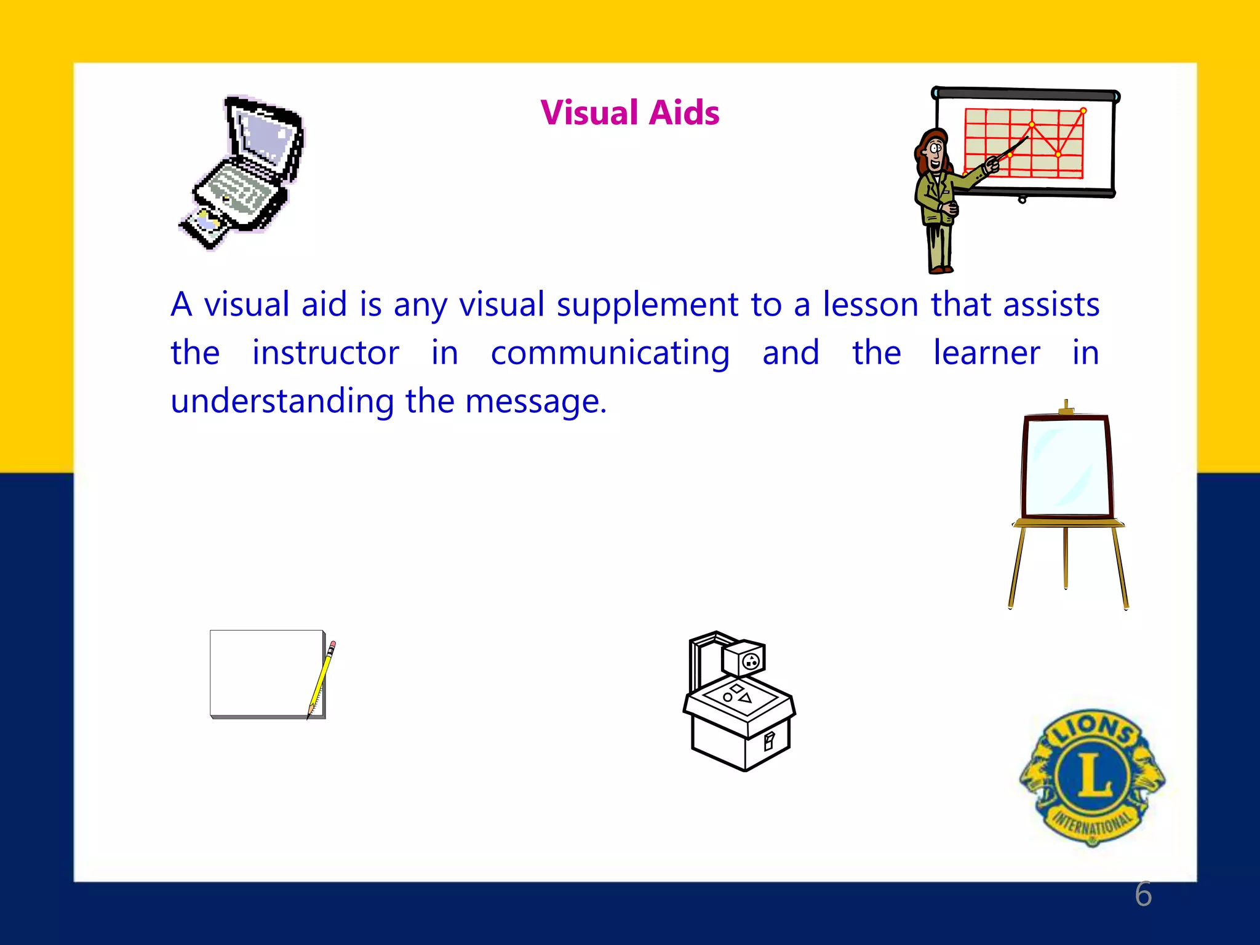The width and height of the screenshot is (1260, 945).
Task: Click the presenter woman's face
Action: (x=935, y=151)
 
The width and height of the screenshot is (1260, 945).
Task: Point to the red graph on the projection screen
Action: (x=1024, y=143)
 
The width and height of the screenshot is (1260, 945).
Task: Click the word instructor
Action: (x=325, y=353)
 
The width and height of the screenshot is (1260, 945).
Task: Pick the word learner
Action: (x=986, y=353)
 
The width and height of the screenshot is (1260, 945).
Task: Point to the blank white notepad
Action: (x=266, y=672)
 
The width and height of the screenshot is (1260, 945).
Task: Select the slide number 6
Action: (x=1143, y=894)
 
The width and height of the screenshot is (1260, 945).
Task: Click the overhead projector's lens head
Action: (x=744, y=659)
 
